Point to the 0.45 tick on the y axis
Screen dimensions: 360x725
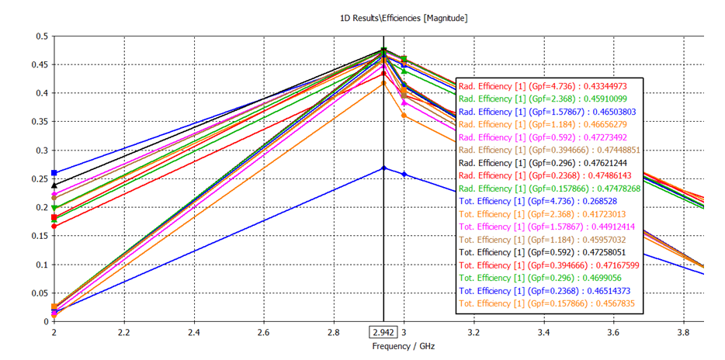(38, 64)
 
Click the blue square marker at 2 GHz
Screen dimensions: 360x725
(54, 173)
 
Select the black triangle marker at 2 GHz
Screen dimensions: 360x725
(54, 185)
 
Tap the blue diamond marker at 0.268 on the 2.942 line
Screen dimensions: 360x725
(383, 168)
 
